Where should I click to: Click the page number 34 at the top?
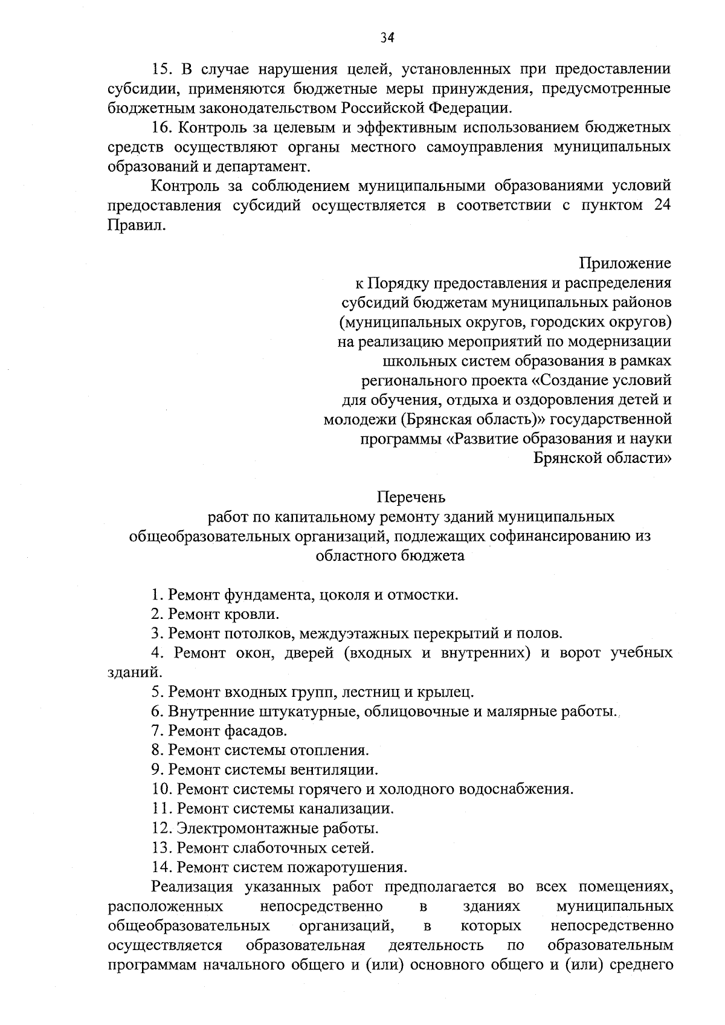click(387, 38)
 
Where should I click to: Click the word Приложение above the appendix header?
click(625, 264)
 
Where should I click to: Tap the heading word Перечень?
click(411, 497)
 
